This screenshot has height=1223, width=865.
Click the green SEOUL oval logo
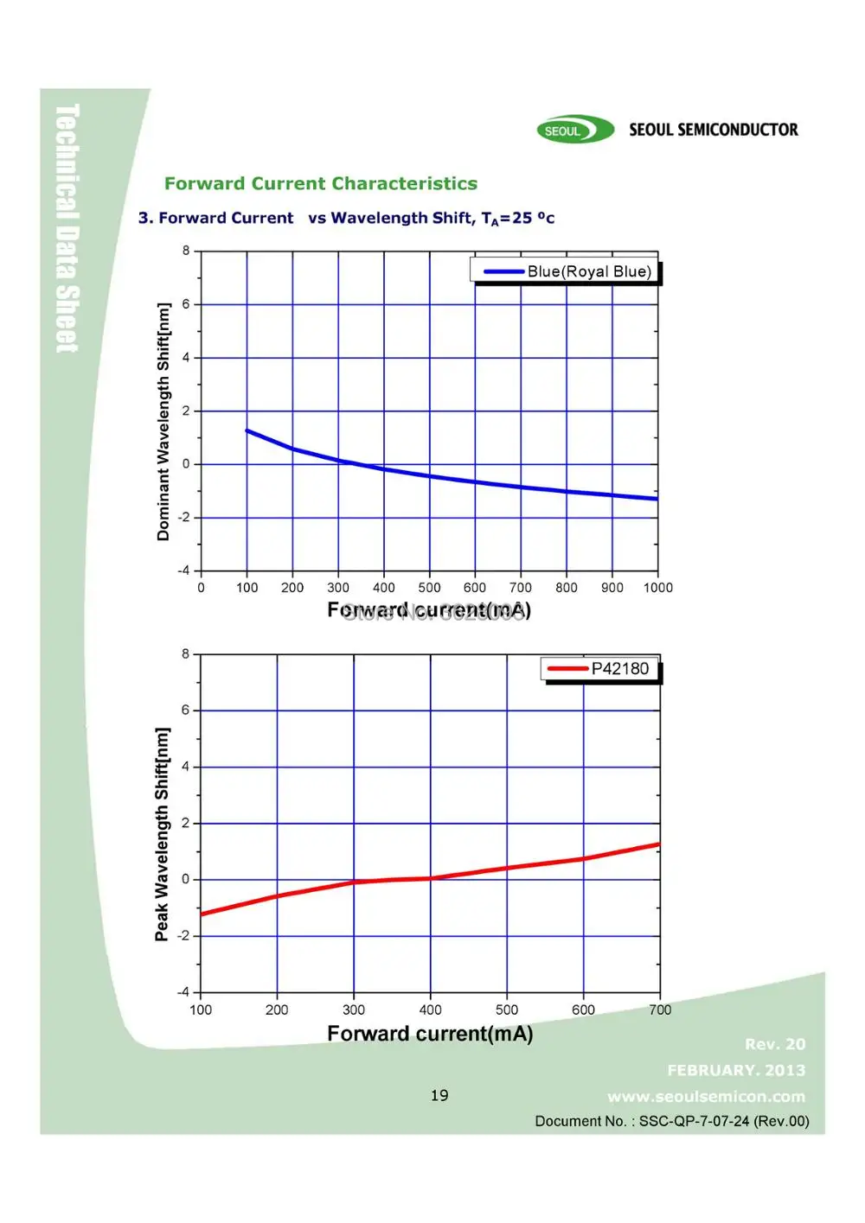pyautogui.click(x=574, y=131)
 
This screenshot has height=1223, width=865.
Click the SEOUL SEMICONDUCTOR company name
pyautogui.click(x=713, y=130)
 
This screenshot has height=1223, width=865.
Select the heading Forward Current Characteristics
pyautogui.click(x=321, y=183)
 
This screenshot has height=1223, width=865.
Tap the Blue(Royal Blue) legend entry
pyautogui.click(x=588, y=271)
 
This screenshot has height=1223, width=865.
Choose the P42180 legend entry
pyautogui.click(x=619, y=668)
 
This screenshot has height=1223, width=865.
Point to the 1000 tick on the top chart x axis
pyautogui.click(x=657, y=588)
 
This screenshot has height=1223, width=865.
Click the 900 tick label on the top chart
pyautogui.click(x=612, y=588)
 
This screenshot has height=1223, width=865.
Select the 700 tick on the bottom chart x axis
pyautogui.click(x=660, y=1010)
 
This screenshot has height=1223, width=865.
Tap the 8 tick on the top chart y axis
pyautogui.click(x=186, y=251)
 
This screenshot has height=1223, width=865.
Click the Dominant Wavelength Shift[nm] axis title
pyautogui.click(x=163, y=422)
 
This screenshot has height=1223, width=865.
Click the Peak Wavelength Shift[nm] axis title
pyautogui.click(x=162, y=834)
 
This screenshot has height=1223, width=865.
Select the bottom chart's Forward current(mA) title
pyautogui.click(x=430, y=1034)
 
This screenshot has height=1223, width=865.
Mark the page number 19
pyautogui.click(x=439, y=1095)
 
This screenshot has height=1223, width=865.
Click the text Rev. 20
pyautogui.click(x=775, y=1044)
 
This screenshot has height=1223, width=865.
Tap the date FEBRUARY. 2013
pyautogui.click(x=736, y=1070)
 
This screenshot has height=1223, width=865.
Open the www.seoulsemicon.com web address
pyautogui.click(x=706, y=1097)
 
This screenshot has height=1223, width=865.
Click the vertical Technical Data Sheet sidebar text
pyautogui.click(x=67, y=228)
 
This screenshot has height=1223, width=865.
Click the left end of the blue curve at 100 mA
pyautogui.click(x=248, y=430)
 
